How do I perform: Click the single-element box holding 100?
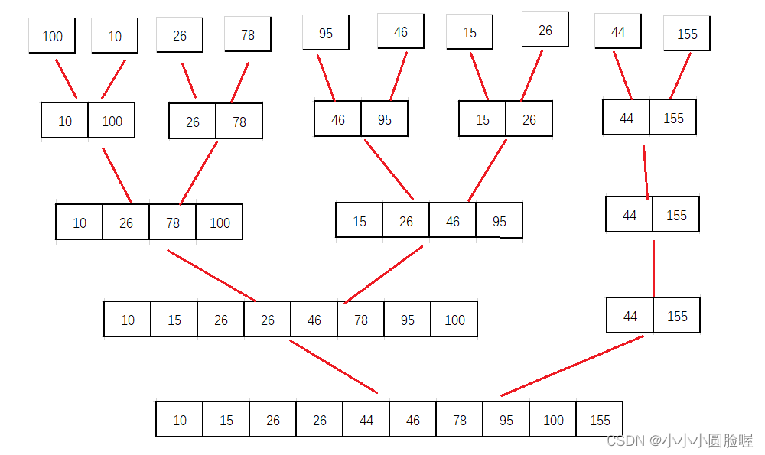tap(52, 36)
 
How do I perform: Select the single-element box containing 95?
tap(326, 34)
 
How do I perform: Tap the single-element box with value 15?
tap(470, 32)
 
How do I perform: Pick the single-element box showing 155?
tap(687, 34)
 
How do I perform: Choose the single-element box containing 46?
tap(401, 31)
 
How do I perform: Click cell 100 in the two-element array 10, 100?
tap(112, 121)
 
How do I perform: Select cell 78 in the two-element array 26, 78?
tap(239, 122)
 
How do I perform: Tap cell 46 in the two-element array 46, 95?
tap(338, 119)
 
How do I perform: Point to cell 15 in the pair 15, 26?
tap(483, 119)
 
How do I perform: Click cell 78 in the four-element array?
tap(173, 223)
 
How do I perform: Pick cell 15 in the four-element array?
tap(360, 221)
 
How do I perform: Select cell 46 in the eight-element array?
tap(314, 320)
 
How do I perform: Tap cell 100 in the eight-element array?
tap(454, 320)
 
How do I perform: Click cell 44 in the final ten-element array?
tap(366, 420)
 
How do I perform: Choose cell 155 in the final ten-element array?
tap(600, 420)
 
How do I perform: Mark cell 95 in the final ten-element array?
tap(506, 420)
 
